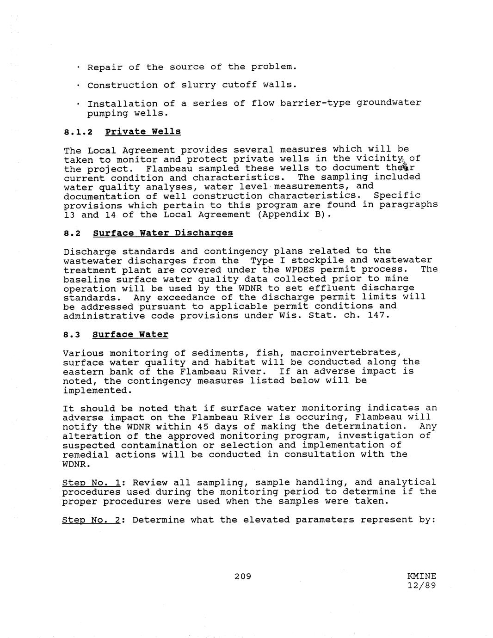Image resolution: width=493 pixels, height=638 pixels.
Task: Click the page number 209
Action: point(242,576)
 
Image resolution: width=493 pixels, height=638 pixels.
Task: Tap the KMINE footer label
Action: point(421,576)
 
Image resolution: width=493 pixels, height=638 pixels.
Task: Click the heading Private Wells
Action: point(143,131)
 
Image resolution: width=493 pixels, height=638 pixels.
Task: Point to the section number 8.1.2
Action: point(78,132)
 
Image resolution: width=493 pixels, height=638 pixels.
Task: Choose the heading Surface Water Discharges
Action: point(163,233)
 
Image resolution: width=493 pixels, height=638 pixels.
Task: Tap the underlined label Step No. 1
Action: point(91,483)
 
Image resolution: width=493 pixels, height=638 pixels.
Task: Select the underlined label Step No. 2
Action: point(91,520)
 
